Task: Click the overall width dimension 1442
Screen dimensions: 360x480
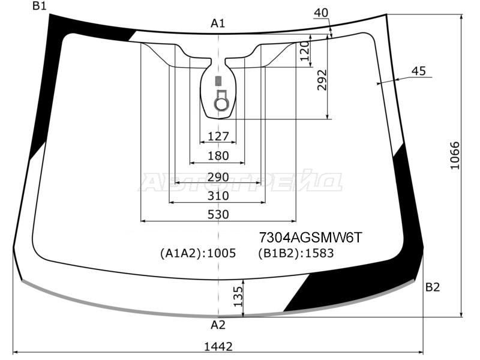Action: tap(218, 346)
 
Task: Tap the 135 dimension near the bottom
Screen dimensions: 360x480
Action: tap(238, 296)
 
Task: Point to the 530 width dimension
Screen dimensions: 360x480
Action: tap(218, 214)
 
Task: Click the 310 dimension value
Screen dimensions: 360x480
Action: tap(218, 196)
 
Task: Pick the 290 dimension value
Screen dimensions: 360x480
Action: tap(218, 177)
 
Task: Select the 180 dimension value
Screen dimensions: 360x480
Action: tap(218, 155)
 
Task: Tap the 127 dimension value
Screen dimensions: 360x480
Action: tap(218, 136)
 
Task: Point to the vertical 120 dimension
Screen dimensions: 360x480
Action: tap(305, 54)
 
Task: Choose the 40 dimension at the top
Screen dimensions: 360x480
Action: tap(321, 13)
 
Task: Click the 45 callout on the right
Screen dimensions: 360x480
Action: tap(418, 71)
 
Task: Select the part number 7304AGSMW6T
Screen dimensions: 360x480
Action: tap(310, 237)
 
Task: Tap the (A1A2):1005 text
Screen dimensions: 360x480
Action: tap(197, 253)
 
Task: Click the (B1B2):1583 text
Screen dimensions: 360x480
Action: tap(296, 253)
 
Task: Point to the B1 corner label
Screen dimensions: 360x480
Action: tap(40, 6)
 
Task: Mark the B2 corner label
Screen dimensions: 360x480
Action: tap(433, 287)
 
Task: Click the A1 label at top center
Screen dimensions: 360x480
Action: tap(218, 23)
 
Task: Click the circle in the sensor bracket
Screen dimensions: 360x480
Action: tap(221, 104)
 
